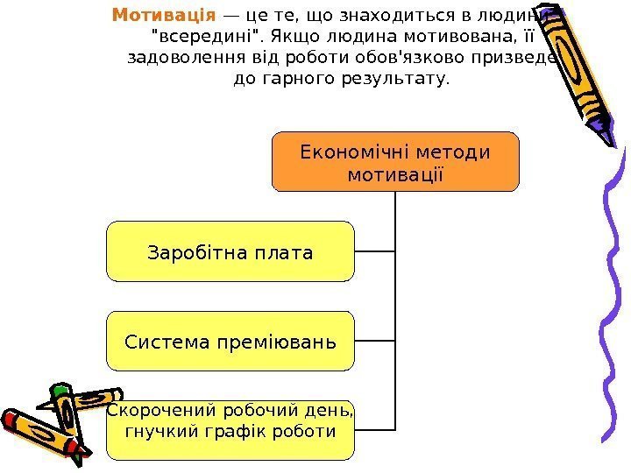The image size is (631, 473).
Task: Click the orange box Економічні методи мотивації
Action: pos(395,162)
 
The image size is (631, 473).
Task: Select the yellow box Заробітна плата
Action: pos(230,251)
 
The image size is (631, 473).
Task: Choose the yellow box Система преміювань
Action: pos(230,341)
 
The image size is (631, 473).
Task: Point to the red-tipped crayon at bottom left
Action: pos(35,434)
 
